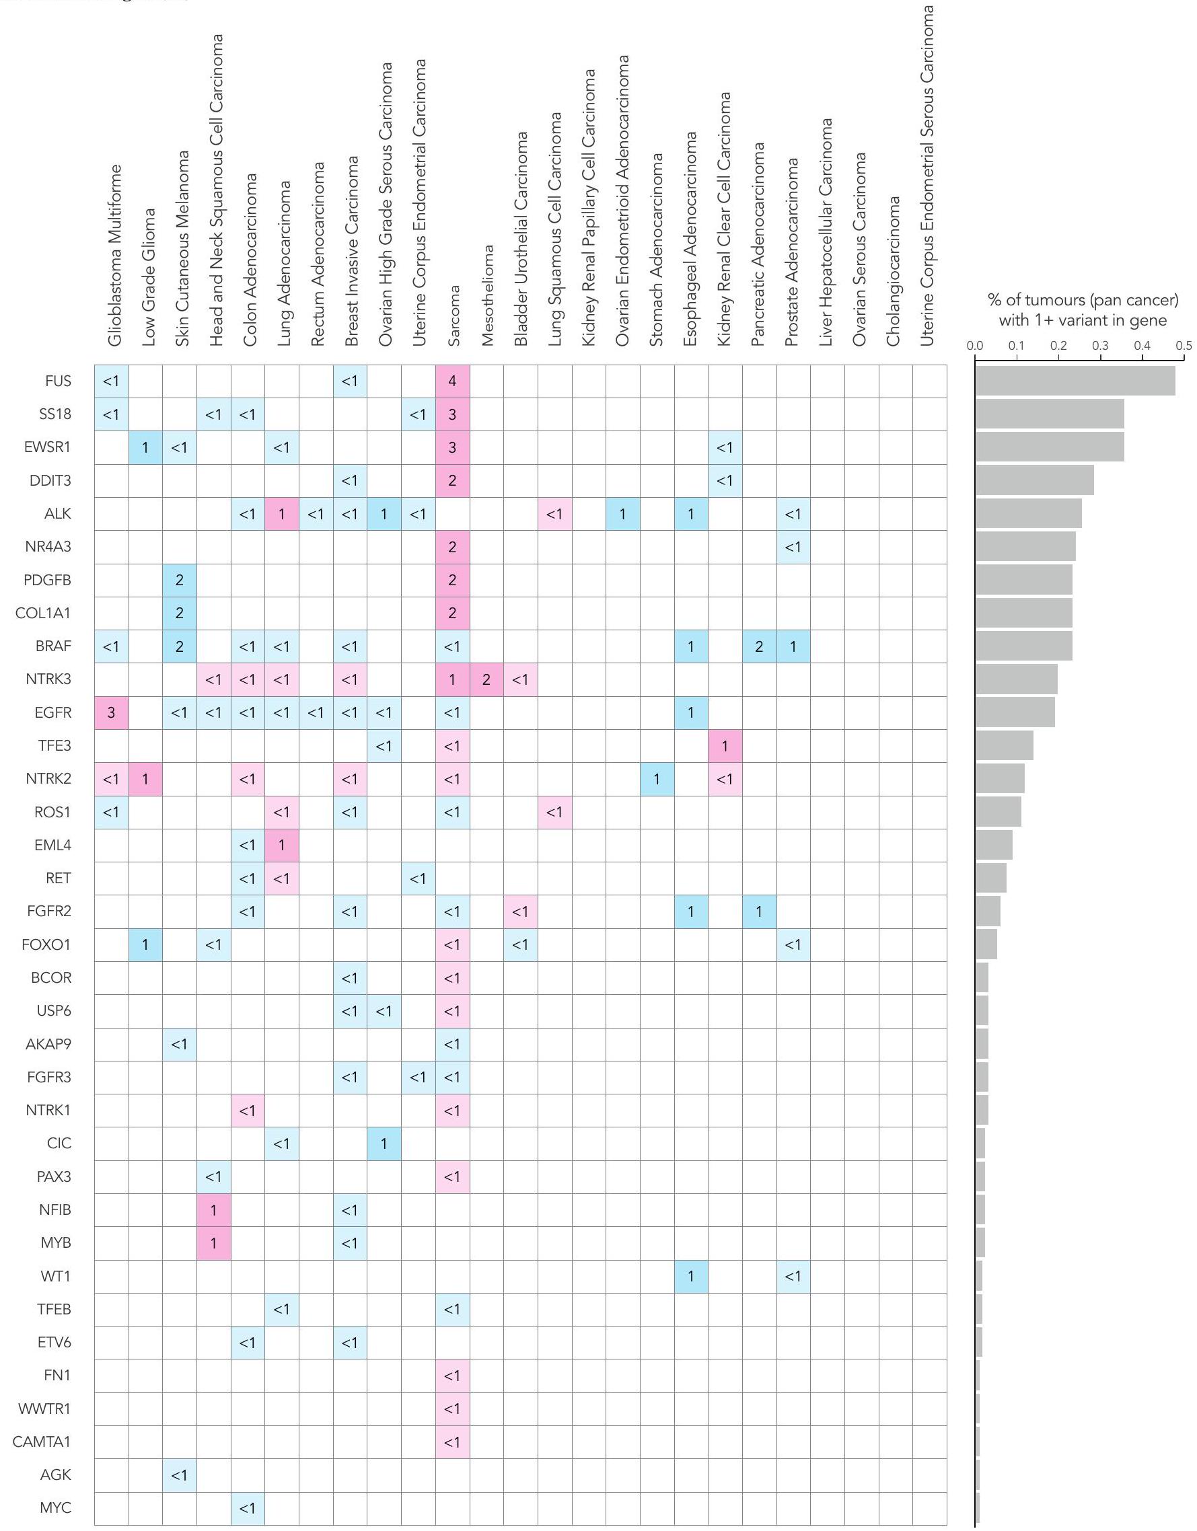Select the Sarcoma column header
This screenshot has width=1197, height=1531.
point(453,315)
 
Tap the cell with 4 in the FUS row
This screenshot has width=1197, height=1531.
point(452,381)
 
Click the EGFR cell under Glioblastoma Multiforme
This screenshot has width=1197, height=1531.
point(112,713)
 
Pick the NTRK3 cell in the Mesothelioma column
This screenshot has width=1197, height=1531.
point(486,680)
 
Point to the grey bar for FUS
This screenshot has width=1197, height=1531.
point(1075,381)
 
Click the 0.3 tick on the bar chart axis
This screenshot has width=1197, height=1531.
point(1100,346)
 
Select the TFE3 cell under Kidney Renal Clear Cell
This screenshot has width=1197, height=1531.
point(725,746)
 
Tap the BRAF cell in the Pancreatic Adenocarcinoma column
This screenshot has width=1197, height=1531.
point(759,646)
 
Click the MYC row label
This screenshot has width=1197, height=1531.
point(55,1507)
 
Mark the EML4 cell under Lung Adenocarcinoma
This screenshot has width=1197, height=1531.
point(282,846)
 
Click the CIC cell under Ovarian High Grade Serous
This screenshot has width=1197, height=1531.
point(384,1144)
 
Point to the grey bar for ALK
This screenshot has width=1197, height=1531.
point(1028,514)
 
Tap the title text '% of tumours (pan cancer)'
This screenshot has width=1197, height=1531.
point(1083,301)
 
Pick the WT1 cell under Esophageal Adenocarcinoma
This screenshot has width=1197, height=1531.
point(691,1277)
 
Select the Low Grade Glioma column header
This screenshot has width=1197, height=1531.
point(148,277)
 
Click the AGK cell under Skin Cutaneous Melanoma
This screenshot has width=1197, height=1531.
point(180,1475)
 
